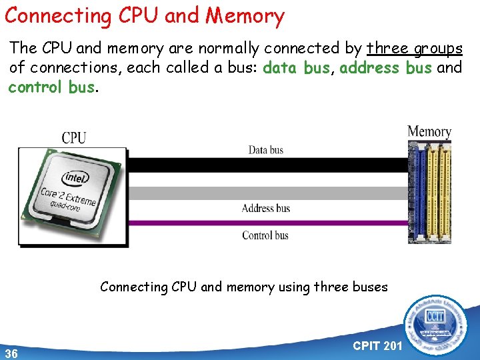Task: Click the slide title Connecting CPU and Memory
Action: pos(144,15)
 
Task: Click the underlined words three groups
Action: pos(415,49)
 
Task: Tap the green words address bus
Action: pos(385,68)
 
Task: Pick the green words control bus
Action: pos(51,87)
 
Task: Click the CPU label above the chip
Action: pos(74,137)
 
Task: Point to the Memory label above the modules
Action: pos(429,131)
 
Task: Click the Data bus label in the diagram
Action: pos(265,150)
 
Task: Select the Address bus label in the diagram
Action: pos(265,208)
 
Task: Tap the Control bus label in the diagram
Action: pos(265,235)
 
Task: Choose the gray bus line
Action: pos(267,193)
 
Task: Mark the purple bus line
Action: pos(267,222)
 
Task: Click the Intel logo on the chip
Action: pos(75,178)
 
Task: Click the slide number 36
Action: pos(11,352)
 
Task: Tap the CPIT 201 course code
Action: pos(377,345)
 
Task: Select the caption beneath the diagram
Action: pos(243,287)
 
